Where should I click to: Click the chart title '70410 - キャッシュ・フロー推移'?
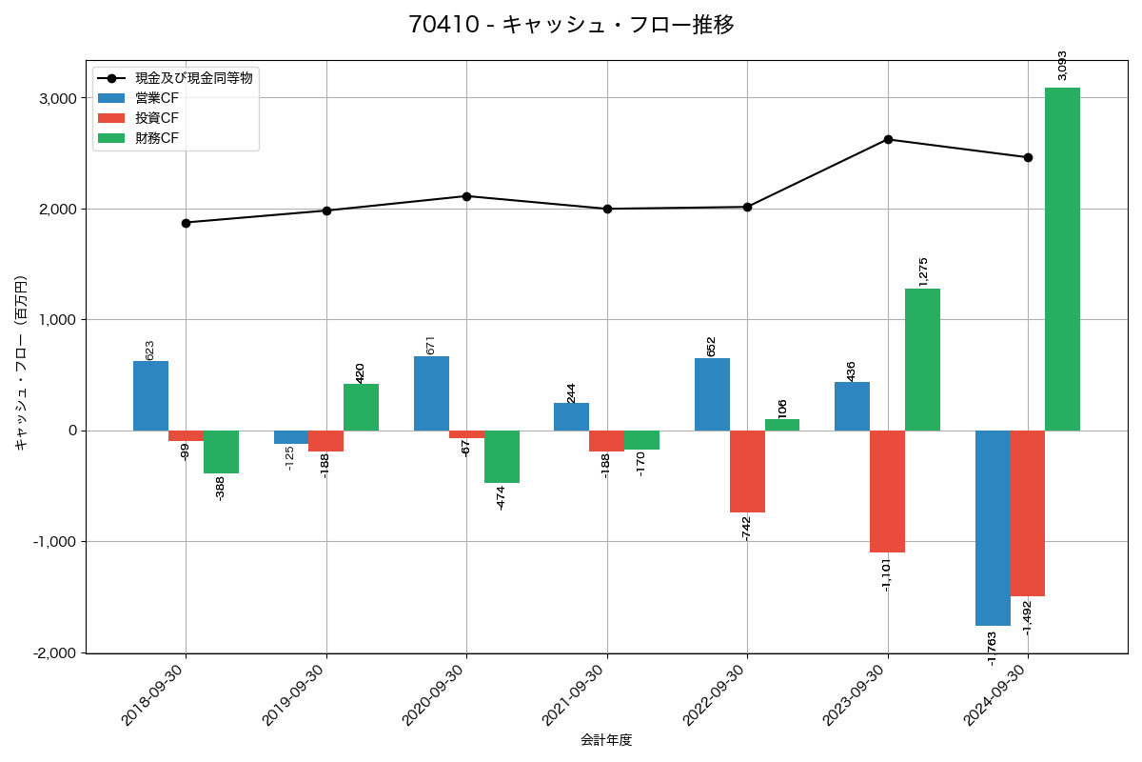pyautogui.click(x=571, y=25)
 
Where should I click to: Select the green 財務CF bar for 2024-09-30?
pyautogui.click(x=1062, y=259)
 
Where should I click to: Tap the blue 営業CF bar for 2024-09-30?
pyautogui.click(x=993, y=528)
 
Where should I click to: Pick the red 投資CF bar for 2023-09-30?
pyautogui.click(x=887, y=491)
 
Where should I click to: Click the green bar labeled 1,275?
pyautogui.click(x=922, y=359)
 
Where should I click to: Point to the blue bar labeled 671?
pyautogui.click(x=431, y=393)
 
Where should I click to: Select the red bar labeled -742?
pyautogui.click(x=747, y=471)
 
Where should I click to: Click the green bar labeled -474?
pyautogui.click(x=502, y=456)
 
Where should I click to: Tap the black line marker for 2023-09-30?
pyautogui.click(x=888, y=139)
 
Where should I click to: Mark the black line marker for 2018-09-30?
pyautogui.click(x=186, y=223)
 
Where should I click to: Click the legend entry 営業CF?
pyautogui.click(x=157, y=98)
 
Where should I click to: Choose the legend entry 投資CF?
pyautogui.click(x=157, y=118)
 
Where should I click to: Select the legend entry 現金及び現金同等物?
pyautogui.click(x=193, y=78)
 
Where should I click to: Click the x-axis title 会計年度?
pyautogui.click(x=606, y=740)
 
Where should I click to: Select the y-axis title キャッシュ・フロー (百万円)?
pyautogui.click(x=21, y=363)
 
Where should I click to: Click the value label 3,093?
pyautogui.click(x=1062, y=66)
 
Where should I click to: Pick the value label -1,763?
pyautogui.click(x=992, y=648)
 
